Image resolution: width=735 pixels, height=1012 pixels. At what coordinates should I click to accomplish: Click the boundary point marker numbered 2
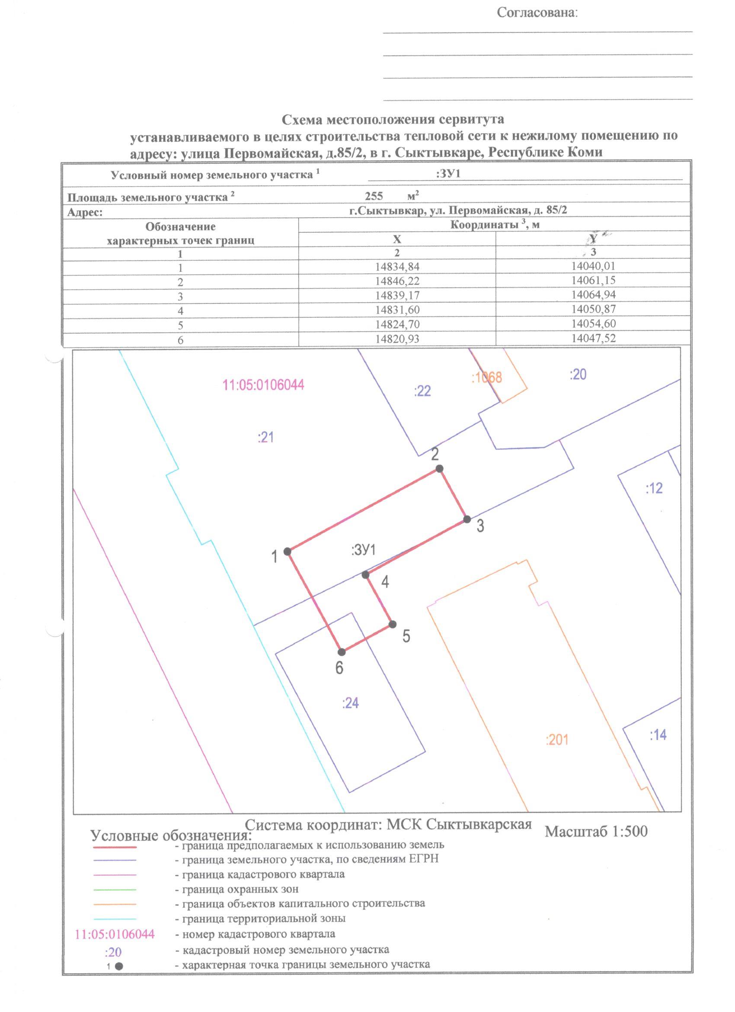click(439, 468)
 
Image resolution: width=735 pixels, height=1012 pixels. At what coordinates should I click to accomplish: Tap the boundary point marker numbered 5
click(392, 624)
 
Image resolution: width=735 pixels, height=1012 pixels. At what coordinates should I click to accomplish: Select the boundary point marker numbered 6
click(342, 652)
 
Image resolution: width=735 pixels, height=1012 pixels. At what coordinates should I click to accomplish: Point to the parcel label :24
click(350, 704)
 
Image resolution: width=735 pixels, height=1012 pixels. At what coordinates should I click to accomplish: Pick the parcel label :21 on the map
click(265, 438)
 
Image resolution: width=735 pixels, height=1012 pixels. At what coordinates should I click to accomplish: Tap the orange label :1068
click(487, 378)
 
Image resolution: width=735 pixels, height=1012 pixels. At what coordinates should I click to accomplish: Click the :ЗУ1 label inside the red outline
click(364, 550)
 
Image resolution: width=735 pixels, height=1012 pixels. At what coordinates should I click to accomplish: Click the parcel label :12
click(654, 489)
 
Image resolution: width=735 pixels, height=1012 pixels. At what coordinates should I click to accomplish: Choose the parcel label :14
click(658, 735)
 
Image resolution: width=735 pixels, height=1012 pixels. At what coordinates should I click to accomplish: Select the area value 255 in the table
click(374, 197)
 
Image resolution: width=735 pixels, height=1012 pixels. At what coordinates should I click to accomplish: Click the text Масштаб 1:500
click(596, 831)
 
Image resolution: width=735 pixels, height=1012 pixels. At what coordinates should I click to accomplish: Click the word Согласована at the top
click(537, 13)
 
